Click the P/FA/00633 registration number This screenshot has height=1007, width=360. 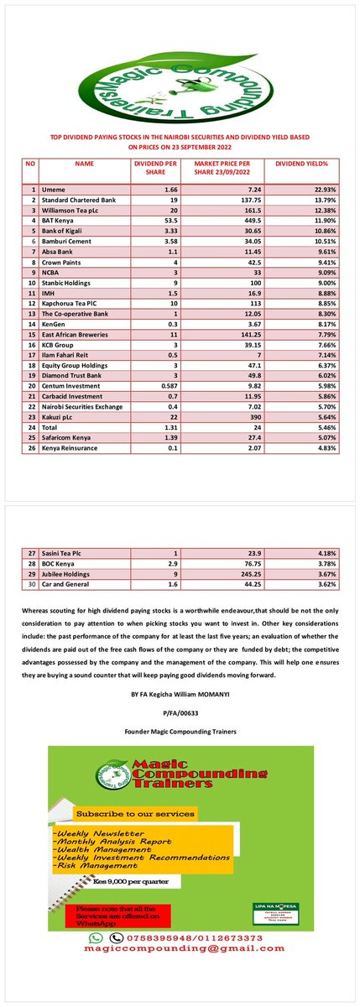point(180,689)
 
